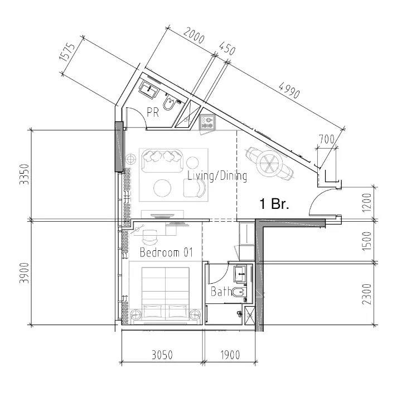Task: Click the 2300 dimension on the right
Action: (365, 294)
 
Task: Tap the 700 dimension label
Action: (326, 139)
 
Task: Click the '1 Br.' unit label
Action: (274, 204)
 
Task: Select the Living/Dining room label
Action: (217, 176)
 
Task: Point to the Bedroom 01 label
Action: (166, 252)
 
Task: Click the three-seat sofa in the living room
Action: (164, 160)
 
